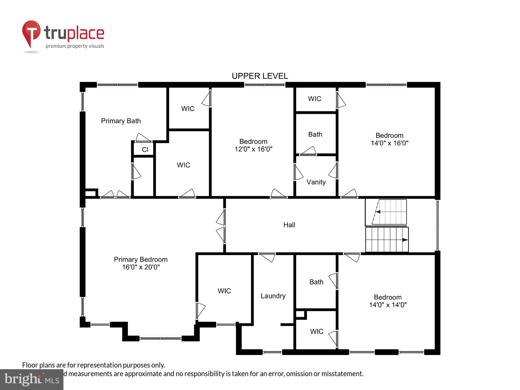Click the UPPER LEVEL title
[260, 76]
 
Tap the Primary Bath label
[121, 121]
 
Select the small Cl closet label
[145, 149]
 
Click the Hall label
[289, 225]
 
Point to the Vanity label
[316, 182]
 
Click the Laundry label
[273, 296]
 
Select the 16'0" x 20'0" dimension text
[141, 267]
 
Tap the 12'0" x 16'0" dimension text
[253, 149]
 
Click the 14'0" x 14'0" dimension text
[388, 305]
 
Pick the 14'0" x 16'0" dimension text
[389, 143]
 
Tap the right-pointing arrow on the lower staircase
[405, 240]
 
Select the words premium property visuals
[75, 46]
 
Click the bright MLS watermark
[32, 380]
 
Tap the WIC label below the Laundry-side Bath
[316, 331]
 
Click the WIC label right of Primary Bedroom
[224, 291]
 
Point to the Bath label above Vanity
[315, 134]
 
